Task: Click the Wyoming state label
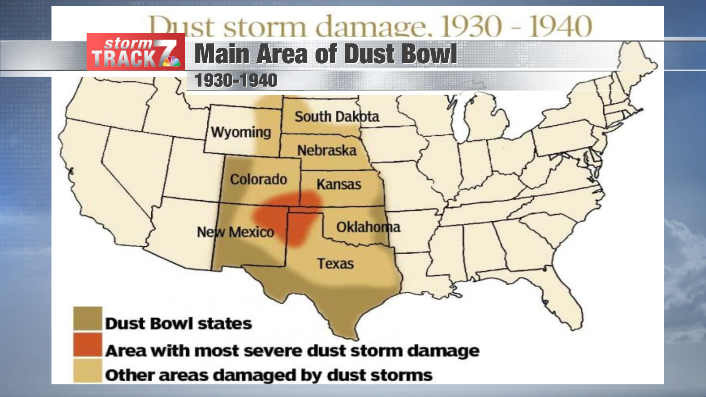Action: pos(241,132)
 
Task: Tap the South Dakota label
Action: pos(336,117)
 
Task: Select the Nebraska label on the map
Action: pos(327,150)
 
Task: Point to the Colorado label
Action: pos(258,179)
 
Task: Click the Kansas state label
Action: pos(339,184)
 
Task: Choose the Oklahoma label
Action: pos(368,227)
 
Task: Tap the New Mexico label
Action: pos(236,232)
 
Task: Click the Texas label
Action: pos(335,264)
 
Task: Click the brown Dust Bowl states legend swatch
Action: pos(88,318)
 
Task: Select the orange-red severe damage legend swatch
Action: pos(88,345)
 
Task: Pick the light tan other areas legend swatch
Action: pos(88,371)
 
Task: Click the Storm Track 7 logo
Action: pos(135,52)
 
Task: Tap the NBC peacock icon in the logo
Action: pos(171,61)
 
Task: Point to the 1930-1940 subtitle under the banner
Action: pos(236,81)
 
